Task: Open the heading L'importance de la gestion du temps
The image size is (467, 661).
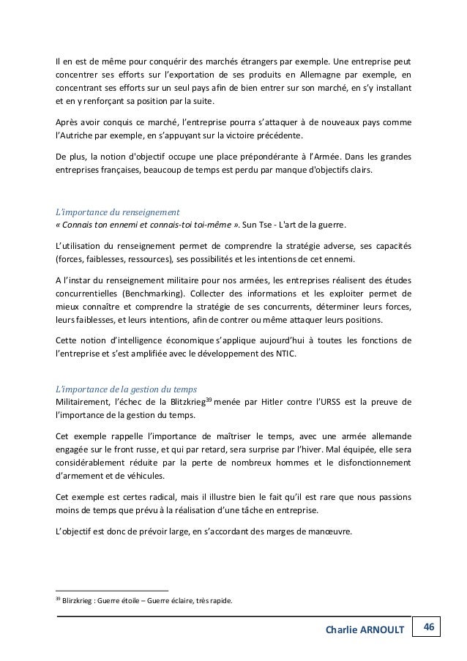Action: [126, 387]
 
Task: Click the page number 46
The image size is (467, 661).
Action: [429, 627]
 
